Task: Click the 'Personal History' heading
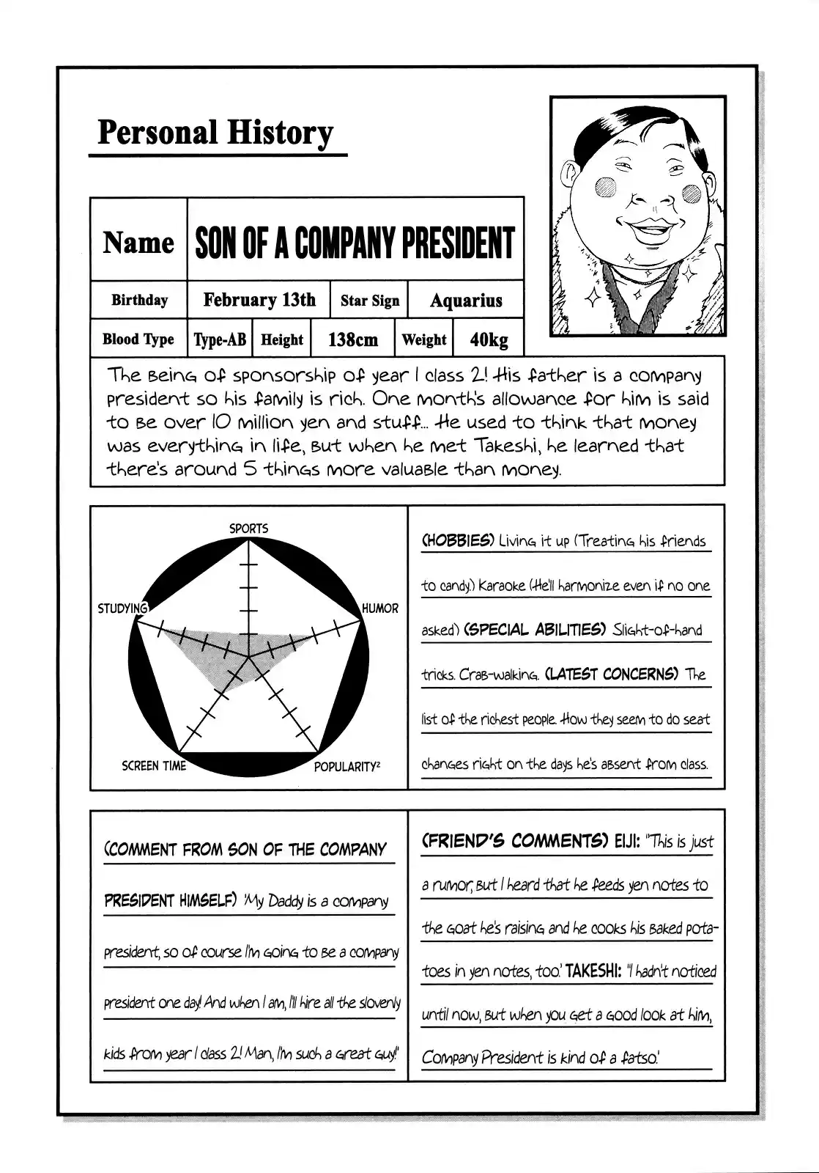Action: [x=215, y=133]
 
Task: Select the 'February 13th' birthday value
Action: [x=259, y=300]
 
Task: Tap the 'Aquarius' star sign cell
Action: [x=466, y=301]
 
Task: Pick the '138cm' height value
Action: [x=353, y=339]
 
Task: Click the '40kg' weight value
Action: [x=489, y=339]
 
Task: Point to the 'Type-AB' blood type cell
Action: [x=220, y=339]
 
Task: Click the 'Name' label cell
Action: [x=138, y=243]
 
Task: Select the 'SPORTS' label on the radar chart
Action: [x=249, y=528]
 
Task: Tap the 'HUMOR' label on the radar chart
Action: [x=380, y=608]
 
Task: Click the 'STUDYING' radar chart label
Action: [x=122, y=608]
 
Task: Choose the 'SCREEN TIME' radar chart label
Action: [x=154, y=766]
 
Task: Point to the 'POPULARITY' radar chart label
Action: [x=346, y=767]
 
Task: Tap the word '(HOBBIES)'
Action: [x=458, y=541]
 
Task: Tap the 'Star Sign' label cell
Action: [x=370, y=301]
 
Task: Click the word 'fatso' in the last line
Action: [x=637, y=1058]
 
